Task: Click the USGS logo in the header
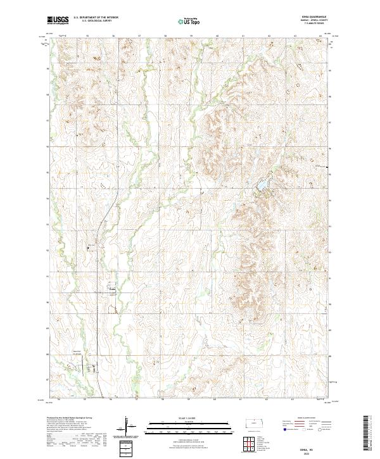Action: (x=58, y=21)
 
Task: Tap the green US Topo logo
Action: (x=188, y=21)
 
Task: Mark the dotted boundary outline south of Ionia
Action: (x=115, y=310)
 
